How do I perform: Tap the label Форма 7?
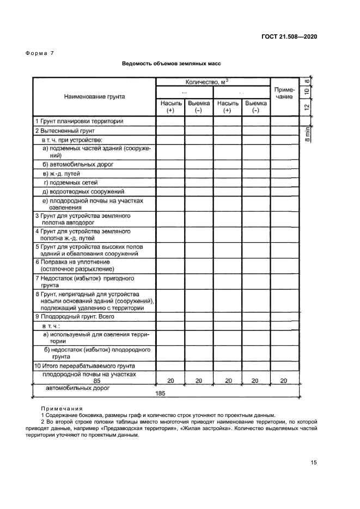click(x=39, y=53)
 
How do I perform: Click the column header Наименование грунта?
click(x=94, y=96)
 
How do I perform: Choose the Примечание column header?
click(x=283, y=93)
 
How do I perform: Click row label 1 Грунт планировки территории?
click(x=79, y=121)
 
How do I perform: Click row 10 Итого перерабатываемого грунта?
click(x=84, y=366)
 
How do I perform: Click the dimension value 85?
click(x=97, y=381)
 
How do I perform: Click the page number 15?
click(x=314, y=463)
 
